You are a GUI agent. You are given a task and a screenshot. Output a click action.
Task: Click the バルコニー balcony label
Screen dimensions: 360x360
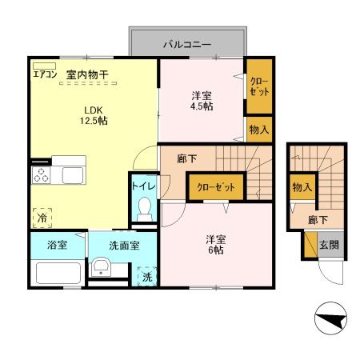pyautogui.click(x=188, y=43)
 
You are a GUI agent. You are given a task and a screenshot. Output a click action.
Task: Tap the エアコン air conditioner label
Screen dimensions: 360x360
pyautogui.click(x=44, y=74)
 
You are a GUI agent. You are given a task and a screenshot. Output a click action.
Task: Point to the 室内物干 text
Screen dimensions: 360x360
pyautogui.click(x=88, y=75)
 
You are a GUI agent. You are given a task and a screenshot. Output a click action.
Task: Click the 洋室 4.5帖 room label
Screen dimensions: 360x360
pyautogui.click(x=202, y=100)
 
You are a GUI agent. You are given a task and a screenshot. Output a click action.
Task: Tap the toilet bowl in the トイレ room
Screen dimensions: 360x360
pyautogui.click(x=145, y=209)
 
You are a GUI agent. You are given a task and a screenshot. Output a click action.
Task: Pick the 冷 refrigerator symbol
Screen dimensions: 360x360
pyautogui.click(x=40, y=216)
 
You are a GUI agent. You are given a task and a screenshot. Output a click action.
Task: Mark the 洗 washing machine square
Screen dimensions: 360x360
pyautogui.click(x=146, y=277)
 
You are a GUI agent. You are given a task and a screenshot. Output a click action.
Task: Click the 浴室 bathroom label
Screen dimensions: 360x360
pyautogui.click(x=56, y=246)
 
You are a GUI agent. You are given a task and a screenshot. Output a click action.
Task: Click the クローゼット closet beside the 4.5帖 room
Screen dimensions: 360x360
pyautogui.click(x=258, y=86)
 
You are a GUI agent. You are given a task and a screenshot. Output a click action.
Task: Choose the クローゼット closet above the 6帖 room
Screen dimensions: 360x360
pyautogui.click(x=217, y=187)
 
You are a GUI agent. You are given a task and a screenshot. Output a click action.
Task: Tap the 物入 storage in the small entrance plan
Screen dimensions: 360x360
pyautogui.click(x=302, y=187)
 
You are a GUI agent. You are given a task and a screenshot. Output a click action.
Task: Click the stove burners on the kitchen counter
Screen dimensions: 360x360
pyautogui.click(x=41, y=175)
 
